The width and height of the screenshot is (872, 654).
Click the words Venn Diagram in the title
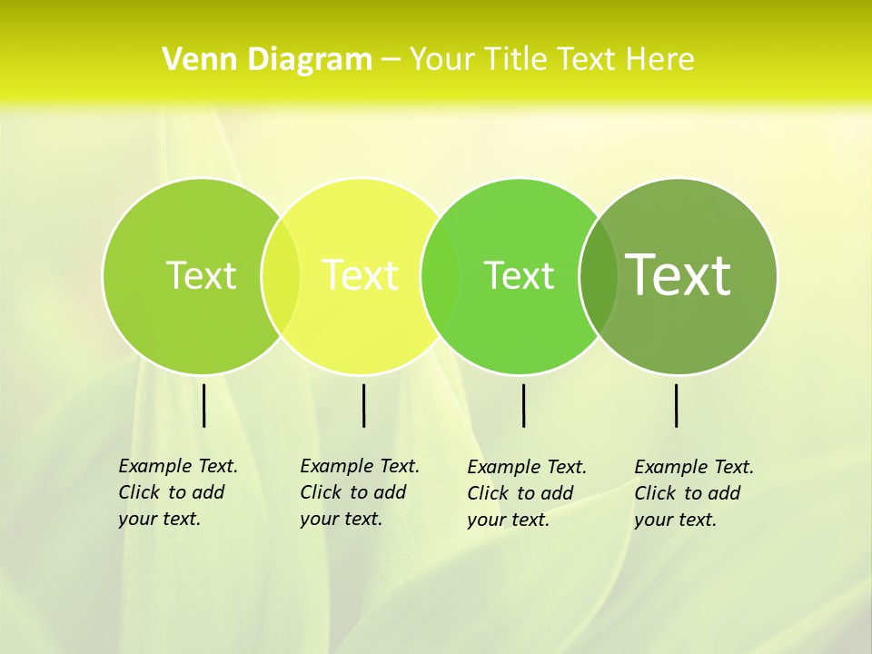click(267, 60)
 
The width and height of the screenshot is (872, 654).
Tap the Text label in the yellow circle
click(361, 275)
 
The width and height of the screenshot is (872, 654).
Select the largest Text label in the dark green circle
click(679, 274)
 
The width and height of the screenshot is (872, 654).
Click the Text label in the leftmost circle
click(201, 275)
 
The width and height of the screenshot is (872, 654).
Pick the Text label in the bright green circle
click(519, 275)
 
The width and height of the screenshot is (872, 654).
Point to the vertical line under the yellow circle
click(363, 405)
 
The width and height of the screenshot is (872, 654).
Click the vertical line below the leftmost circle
click(203, 405)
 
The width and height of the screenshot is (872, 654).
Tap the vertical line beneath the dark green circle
click(677, 405)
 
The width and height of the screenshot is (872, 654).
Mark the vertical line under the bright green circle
click(523, 405)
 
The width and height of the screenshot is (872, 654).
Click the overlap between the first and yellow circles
click(281, 275)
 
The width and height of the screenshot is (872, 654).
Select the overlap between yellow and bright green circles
click(441, 275)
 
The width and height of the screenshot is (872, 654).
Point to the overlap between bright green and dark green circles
click(599, 275)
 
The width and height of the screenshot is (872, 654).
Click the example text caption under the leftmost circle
click(178, 492)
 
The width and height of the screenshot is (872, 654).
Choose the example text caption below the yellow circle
click(360, 492)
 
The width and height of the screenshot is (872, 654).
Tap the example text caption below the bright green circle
click(527, 493)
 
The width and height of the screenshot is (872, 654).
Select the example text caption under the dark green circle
click(694, 493)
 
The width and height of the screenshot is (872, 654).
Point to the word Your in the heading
click(442, 60)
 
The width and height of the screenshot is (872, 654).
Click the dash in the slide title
click(391, 60)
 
